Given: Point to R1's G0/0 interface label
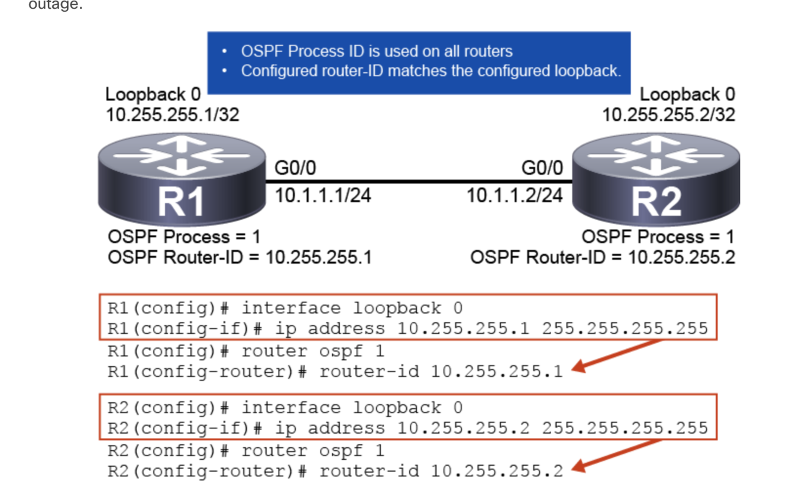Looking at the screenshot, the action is tap(295, 169).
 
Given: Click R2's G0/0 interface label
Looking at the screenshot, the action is tap(542, 169).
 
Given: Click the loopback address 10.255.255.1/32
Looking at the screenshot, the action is tap(173, 114).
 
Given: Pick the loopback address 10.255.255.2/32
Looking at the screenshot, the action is tap(668, 114).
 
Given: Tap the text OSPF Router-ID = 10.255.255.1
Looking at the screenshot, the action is tap(240, 258).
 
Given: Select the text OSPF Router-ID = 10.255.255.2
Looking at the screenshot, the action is tap(603, 258).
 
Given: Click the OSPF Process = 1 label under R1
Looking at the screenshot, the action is tap(184, 237).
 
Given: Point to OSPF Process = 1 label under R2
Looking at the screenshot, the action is tap(658, 237).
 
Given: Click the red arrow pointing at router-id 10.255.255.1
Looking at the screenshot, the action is tap(615, 356).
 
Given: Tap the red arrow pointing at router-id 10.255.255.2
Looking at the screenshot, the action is tap(615, 456).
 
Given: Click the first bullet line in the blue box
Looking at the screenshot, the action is tap(377, 51).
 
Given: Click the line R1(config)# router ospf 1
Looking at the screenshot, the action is tap(246, 351).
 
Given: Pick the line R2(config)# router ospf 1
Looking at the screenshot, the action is tap(246, 451).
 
